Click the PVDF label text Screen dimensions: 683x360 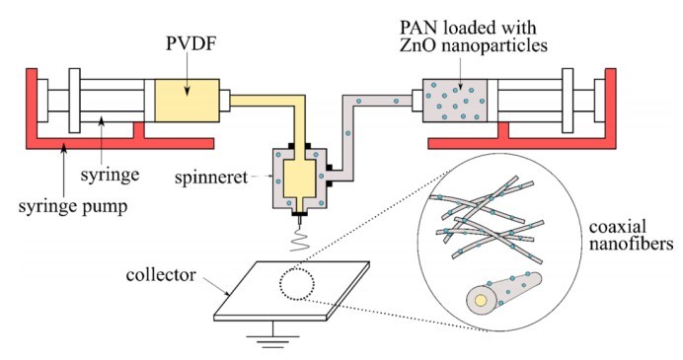coord(191,44)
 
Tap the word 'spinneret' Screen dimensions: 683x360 coord(211,178)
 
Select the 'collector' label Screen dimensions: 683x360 coord(161,275)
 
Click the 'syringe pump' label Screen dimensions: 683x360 coord(73,206)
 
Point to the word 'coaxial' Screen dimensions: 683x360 coord(618,227)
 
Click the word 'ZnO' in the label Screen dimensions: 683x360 coord(416,45)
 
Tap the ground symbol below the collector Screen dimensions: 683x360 coord(273,335)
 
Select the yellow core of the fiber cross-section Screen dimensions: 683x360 coord(481,301)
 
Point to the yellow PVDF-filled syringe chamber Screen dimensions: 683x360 coord(188,101)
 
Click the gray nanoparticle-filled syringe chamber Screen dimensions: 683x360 coord(455,101)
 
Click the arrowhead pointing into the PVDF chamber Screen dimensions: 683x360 coord(187,91)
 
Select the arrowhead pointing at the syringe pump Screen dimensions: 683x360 coord(64,150)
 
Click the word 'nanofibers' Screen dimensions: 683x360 coord(631,245)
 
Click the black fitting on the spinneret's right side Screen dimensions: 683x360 coord(330,176)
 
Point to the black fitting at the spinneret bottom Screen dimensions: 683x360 coord(299,214)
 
